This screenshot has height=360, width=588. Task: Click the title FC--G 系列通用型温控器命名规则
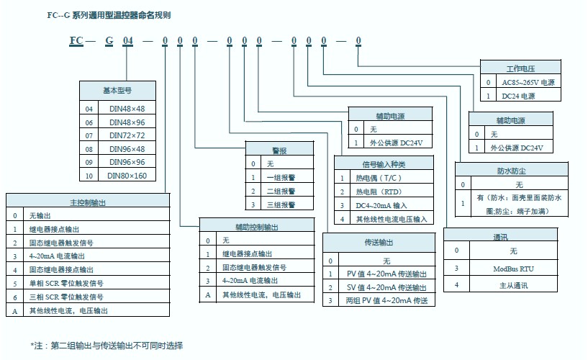click(x=109, y=14)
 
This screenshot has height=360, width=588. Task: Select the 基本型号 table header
click(x=117, y=91)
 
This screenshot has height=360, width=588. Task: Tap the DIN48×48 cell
click(x=127, y=109)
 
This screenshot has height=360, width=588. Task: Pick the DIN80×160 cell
click(x=127, y=175)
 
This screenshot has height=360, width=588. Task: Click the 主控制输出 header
click(x=87, y=202)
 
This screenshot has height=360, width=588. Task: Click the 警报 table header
click(x=279, y=150)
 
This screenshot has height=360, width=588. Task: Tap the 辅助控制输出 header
click(x=257, y=227)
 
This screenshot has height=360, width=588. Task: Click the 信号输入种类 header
click(x=384, y=163)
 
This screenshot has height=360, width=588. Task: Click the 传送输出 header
click(x=379, y=242)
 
